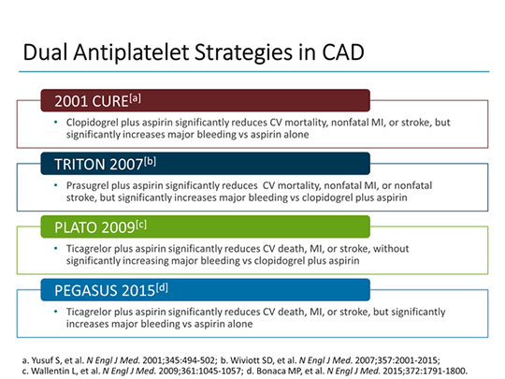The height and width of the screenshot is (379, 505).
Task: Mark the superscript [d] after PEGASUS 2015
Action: (x=162, y=284)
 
